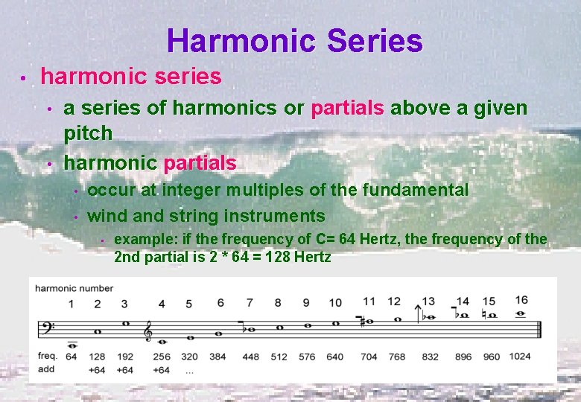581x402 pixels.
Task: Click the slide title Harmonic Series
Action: [295, 41]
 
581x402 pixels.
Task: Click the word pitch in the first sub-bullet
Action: [88, 134]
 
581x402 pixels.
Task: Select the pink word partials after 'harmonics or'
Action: [347, 109]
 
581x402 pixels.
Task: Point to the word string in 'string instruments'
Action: [195, 217]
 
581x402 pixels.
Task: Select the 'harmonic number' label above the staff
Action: [74, 288]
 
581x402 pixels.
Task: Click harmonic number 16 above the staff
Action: [521, 300]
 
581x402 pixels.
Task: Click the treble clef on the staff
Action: [149, 329]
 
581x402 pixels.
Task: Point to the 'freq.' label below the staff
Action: [47, 356]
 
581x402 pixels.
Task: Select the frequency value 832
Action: [430, 357]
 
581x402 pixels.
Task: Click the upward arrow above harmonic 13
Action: [428, 301]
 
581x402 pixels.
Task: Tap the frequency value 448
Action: [250, 357]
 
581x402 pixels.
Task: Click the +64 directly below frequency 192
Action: [124, 369]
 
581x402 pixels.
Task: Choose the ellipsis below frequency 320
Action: [190, 370]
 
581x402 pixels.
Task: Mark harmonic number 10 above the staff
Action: [335, 303]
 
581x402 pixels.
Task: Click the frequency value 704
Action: [369, 357]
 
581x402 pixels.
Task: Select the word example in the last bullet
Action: [138, 239]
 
